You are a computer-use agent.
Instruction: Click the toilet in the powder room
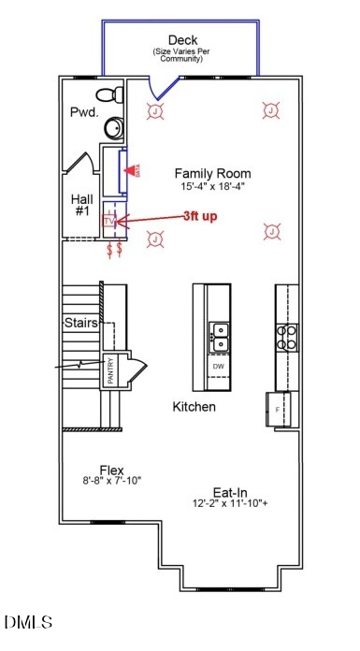click(113, 94)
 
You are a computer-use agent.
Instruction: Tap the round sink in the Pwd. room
click(113, 129)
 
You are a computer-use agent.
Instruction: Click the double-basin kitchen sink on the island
click(220, 337)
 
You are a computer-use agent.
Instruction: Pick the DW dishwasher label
click(219, 366)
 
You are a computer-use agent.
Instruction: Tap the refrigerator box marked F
click(279, 408)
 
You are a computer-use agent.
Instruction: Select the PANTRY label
click(110, 371)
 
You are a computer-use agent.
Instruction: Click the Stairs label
click(81, 323)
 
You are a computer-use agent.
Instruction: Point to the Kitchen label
click(194, 407)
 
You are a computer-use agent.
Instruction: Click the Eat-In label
click(229, 491)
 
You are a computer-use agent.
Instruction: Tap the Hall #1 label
click(81, 206)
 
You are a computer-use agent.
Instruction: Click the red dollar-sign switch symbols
click(114, 250)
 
